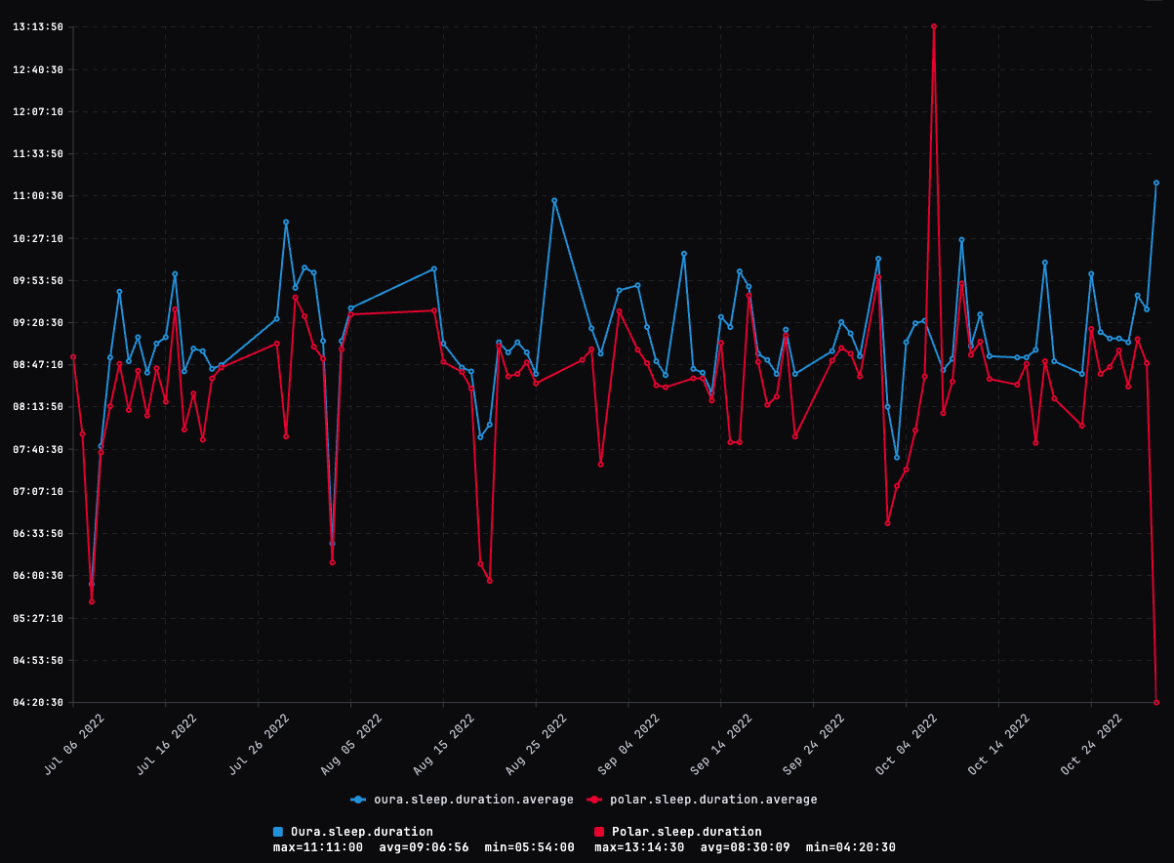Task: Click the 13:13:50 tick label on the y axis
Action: (38, 27)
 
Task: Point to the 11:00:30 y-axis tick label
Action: (38, 196)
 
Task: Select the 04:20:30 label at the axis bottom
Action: (38, 703)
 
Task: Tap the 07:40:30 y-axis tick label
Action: (38, 449)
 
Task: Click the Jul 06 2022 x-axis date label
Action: (74, 744)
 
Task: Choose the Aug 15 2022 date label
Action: (444, 744)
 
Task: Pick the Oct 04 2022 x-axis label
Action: (907, 744)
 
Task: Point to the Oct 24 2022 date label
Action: (1092, 744)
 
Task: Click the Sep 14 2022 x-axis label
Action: (721, 744)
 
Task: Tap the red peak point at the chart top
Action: (934, 26)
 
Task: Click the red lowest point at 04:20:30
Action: (1156, 702)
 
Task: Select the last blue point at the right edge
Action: (1156, 183)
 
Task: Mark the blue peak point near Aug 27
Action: (554, 200)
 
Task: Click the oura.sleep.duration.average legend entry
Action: (463, 800)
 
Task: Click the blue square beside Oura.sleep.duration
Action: (278, 832)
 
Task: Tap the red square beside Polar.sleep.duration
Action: (599, 832)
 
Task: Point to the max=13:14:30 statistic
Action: (639, 847)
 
